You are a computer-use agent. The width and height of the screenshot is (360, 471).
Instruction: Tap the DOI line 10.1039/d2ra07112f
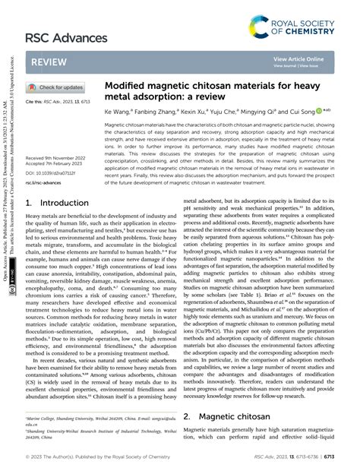53,172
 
